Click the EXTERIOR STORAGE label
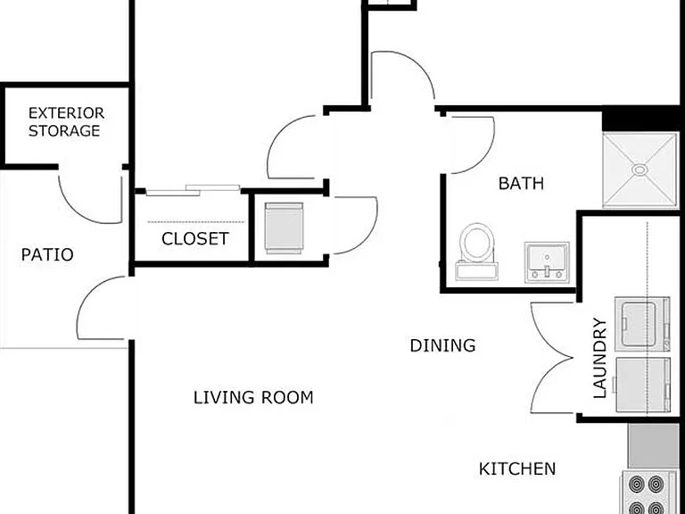[66, 122]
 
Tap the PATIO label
[47, 255]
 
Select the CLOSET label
[195, 238]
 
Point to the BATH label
[521, 184]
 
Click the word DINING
[442, 345]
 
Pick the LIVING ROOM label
[253, 397]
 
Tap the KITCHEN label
[517, 469]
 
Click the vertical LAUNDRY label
[599, 358]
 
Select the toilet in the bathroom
[476, 252]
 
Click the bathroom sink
[547, 261]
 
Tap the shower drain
[640, 170]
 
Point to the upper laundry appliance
[642, 324]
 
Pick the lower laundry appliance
[642, 385]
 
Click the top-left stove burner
[638, 485]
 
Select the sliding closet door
[193, 190]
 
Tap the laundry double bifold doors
[551, 358]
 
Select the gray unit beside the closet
[284, 228]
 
